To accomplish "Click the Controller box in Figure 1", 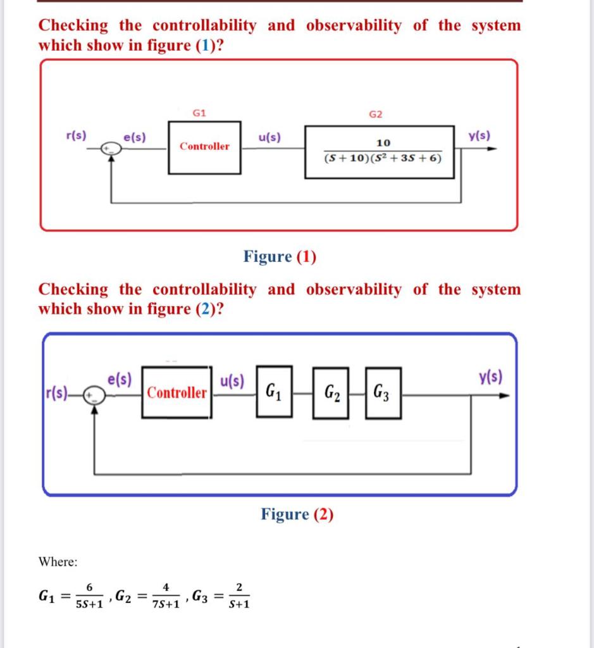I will (204, 147).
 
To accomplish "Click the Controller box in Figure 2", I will (176, 392).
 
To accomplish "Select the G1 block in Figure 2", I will (274, 392).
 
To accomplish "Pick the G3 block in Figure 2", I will (383, 393).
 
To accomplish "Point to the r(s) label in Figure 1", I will (77, 135).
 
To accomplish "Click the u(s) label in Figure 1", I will (270, 137).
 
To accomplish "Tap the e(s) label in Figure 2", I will (120, 380).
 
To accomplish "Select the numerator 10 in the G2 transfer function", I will (383, 142).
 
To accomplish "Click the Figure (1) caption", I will (280, 256).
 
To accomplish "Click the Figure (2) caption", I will (297, 514).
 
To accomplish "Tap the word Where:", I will (58, 561).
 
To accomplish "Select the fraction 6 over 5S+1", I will (89, 596).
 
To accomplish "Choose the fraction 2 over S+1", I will (238, 596).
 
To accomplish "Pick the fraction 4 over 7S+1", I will (165, 596).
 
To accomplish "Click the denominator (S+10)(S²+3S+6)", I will (381, 158).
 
